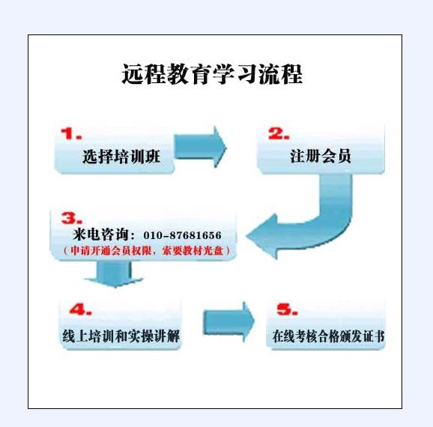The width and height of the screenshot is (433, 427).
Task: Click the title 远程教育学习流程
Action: click(212, 73)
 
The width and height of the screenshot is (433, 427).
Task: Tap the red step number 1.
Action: click(71, 133)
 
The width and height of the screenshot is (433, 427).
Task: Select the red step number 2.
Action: click(279, 133)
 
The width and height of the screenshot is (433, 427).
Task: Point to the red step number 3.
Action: click(72, 218)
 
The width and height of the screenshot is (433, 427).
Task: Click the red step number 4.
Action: click(80, 309)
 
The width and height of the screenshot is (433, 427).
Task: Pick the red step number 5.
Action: click(287, 309)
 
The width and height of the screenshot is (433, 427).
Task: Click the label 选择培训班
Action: click(121, 157)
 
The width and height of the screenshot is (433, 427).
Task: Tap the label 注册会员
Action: click(321, 156)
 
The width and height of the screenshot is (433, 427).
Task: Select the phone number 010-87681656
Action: click(182, 235)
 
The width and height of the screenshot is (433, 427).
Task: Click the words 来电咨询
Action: click(100, 234)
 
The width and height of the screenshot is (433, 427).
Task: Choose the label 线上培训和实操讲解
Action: click(121, 336)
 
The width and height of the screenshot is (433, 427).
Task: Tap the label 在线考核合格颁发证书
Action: click(328, 336)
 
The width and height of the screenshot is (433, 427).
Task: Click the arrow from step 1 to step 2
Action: click(200, 147)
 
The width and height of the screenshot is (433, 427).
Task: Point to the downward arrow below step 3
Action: click(114, 274)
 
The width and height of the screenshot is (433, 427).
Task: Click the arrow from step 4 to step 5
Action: click(228, 322)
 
